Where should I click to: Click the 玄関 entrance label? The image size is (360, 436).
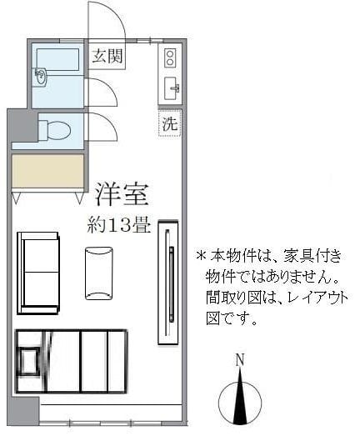point(106,57)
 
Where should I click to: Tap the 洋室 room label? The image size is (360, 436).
point(121,193)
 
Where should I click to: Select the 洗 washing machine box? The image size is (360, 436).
point(170,123)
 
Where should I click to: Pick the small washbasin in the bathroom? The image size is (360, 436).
point(42,76)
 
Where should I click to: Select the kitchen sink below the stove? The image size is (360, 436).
point(172,87)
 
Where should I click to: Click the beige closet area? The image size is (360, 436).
point(48,173)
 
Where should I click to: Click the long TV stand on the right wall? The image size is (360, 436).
point(168,281)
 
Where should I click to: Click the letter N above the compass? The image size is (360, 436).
point(239,361)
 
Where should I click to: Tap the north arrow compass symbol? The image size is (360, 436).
point(240,398)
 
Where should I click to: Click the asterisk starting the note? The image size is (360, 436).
point(200,255)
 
